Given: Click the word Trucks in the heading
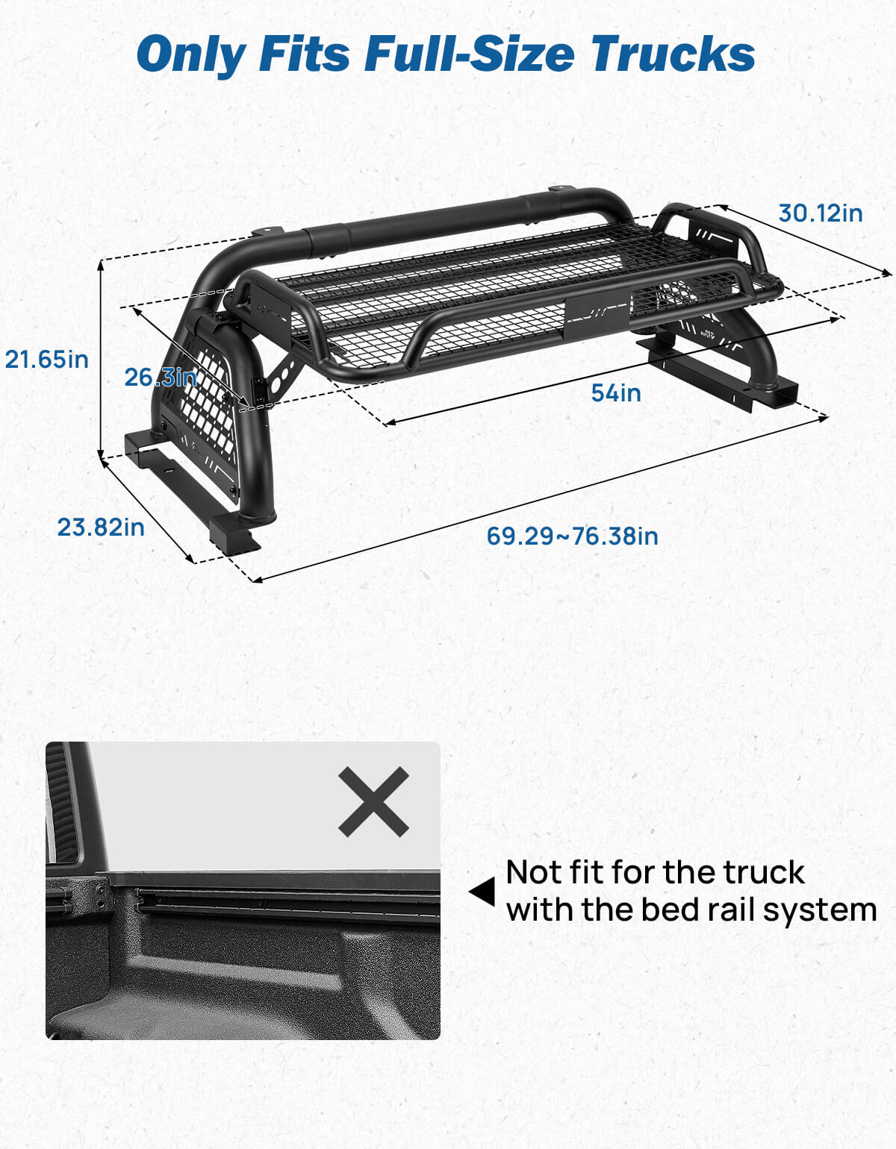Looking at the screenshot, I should [672, 54].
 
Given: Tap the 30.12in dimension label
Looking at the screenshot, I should [820, 213].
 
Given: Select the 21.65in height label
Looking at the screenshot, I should [46, 360].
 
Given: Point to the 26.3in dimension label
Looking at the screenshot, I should [160, 378].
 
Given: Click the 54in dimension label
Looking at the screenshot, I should [615, 392].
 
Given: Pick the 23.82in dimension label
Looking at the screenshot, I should [101, 527].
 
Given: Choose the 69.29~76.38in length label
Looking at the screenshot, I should [572, 536].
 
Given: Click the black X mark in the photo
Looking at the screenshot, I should [373, 801].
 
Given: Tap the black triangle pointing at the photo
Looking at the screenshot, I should [482, 891].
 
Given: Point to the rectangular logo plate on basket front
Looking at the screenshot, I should [596, 313].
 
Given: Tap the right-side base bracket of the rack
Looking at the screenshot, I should [717, 369].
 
